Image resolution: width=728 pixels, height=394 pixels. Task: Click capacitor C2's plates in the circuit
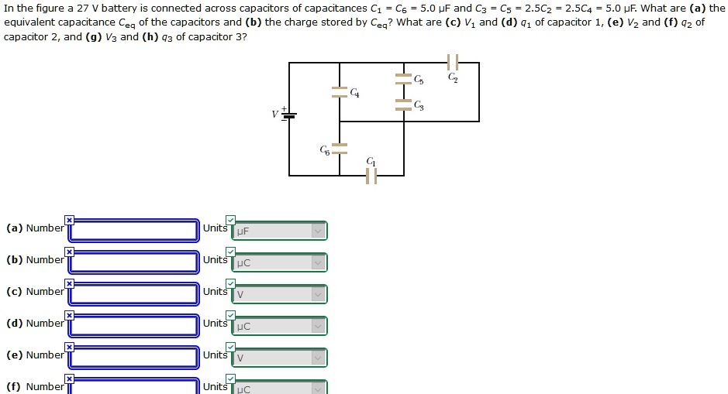click(453, 62)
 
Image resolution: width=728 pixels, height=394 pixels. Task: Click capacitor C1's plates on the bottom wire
click(371, 176)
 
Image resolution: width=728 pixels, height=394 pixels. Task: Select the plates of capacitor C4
click(340, 92)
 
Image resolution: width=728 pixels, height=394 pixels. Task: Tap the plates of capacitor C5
click(403, 78)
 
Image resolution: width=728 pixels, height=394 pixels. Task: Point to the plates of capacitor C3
click(403, 104)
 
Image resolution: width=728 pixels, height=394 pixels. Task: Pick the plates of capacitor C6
click(340, 149)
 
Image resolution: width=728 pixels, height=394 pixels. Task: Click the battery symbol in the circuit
click(288, 115)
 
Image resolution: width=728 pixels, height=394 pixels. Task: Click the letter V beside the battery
click(274, 115)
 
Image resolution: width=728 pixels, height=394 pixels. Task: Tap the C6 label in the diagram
click(325, 149)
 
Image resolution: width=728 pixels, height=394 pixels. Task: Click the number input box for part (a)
click(134, 231)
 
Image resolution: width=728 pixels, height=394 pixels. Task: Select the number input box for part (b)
click(134, 262)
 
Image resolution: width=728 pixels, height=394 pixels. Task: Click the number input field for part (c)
click(134, 294)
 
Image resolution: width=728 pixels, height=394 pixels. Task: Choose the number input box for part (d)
click(134, 326)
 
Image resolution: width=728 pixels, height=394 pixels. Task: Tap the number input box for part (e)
click(134, 358)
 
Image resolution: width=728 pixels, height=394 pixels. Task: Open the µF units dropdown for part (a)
click(279, 231)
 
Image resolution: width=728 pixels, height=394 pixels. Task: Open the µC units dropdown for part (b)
click(279, 262)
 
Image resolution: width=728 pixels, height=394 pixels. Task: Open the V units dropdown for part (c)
click(279, 294)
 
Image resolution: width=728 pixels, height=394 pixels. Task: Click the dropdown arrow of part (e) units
click(317, 358)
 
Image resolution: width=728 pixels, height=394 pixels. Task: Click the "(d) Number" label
click(35, 324)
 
